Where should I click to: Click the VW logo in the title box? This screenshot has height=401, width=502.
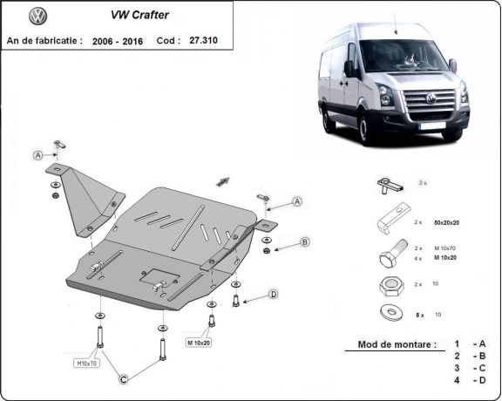pyautogui.click(x=37, y=17)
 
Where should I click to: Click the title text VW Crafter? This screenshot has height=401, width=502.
pyautogui.click(x=139, y=15)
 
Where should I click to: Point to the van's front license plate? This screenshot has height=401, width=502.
pyautogui.click(x=433, y=126)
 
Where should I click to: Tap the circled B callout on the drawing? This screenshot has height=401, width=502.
pyautogui.click(x=305, y=241)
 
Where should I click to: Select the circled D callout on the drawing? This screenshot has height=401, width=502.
pyautogui.click(x=273, y=295)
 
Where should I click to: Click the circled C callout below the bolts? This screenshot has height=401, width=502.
pyautogui.click(x=125, y=377)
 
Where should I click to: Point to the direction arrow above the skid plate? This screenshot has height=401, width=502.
pyautogui.click(x=221, y=180)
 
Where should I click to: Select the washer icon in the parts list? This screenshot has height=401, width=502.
pyautogui.click(x=387, y=312)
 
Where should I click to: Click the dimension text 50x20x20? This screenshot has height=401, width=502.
pyautogui.click(x=445, y=224)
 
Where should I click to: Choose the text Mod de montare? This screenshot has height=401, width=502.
pyautogui.click(x=397, y=344)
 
